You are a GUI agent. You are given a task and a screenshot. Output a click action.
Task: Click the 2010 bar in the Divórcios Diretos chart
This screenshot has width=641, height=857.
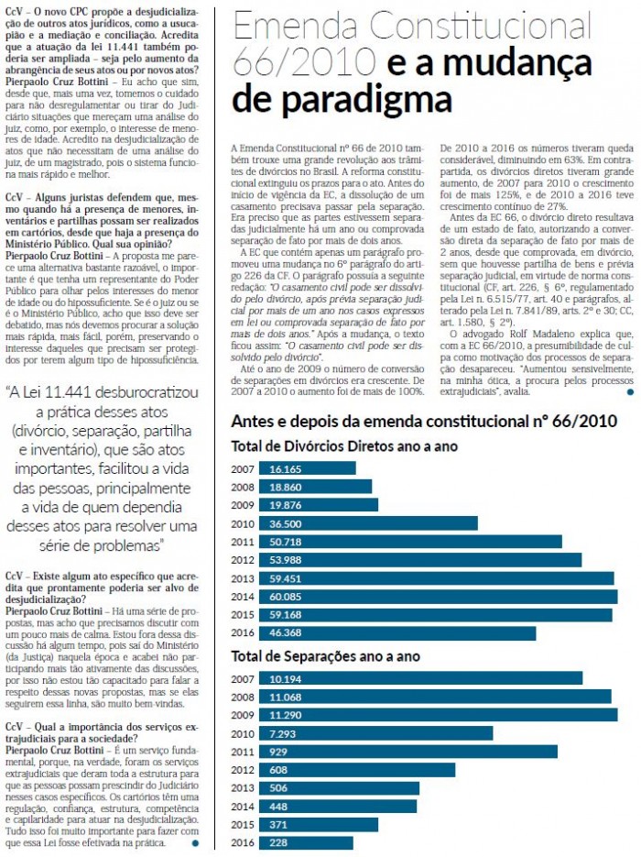click(x=368, y=523)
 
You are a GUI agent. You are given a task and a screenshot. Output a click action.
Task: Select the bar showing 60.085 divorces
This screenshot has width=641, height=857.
click(x=439, y=597)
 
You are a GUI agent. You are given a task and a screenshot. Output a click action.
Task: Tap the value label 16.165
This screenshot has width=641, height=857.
click(x=285, y=469)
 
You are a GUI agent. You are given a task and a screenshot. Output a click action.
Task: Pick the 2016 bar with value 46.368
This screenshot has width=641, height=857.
click(x=397, y=633)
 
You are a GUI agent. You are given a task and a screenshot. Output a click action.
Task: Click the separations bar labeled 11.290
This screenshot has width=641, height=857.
click(x=439, y=715)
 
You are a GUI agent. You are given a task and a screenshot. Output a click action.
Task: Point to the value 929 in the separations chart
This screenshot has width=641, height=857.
click(x=277, y=752)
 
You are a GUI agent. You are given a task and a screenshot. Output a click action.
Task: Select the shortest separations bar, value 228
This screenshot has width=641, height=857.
click(x=306, y=842)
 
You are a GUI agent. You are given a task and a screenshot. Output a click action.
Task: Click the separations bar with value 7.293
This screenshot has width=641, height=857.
click(x=376, y=733)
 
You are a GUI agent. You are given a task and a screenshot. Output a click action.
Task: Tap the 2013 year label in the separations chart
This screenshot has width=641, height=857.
click(x=243, y=788)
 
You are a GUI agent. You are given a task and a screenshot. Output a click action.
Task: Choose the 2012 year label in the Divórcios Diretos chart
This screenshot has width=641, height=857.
click(x=243, y=560)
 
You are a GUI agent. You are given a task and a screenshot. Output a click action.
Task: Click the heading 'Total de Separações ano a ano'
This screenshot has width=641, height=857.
click(x=325, y=656)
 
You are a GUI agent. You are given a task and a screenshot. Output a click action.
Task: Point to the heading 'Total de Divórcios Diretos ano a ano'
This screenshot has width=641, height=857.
click(x=344, y=446)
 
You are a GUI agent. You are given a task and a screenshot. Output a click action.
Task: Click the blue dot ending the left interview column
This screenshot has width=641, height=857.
click(x=195, y=843)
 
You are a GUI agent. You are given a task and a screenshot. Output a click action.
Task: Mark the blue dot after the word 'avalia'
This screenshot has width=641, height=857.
click(x=631, y=392)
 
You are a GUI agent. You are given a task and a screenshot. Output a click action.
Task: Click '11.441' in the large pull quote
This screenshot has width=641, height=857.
click(x=70, y=392)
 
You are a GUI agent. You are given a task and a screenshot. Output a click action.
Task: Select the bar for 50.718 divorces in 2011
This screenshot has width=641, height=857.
click(x=410, y=542)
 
